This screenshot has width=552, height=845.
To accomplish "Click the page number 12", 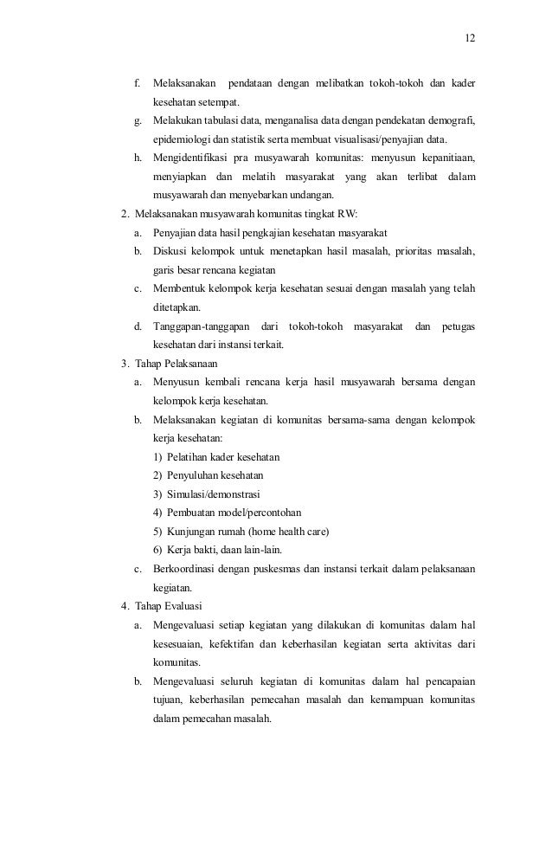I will point(470,39).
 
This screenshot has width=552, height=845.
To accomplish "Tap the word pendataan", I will point(259,84).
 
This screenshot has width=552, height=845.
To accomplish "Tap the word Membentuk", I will point(181,288).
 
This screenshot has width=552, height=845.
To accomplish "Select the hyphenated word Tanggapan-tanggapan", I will point(201,326).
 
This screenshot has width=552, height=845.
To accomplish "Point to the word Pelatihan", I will point(189,457).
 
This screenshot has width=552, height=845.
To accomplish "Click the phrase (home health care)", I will point(287,532).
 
